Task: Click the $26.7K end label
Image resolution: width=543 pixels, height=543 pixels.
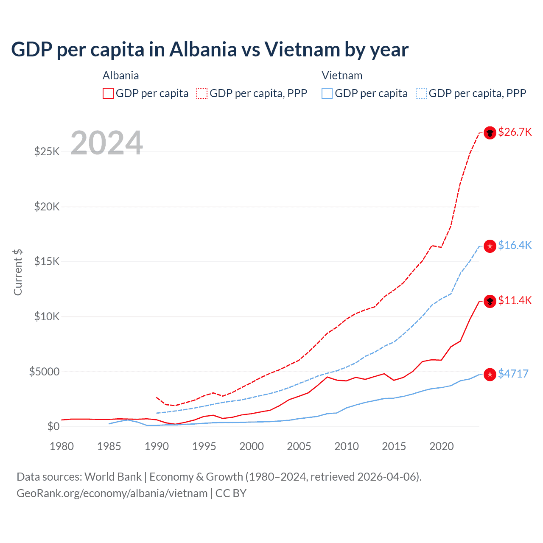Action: click(515, 132)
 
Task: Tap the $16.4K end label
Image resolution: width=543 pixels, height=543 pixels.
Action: click(515, 246)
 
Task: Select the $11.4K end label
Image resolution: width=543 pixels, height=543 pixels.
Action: click(515, 301)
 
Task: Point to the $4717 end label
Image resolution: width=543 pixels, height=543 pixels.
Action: click(513, 374)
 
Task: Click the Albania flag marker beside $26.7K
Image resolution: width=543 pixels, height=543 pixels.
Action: click(490, 133)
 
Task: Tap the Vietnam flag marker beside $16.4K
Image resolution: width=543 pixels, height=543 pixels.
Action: click(490, 246)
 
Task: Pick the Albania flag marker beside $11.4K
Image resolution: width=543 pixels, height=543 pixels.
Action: click(490, 302)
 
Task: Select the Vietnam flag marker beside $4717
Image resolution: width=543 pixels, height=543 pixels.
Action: click(490, 375)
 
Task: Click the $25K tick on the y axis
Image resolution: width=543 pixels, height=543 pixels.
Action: click(47, 152)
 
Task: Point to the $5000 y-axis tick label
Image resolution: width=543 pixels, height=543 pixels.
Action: click(44, 372)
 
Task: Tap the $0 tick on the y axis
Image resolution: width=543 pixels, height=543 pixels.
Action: click(53, 427)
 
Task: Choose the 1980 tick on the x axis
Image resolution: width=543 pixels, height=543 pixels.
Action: click(62, 446)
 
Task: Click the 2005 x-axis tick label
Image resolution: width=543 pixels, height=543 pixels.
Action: click(299, 446)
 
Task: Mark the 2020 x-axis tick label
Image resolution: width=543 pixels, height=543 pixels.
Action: click(442, 446)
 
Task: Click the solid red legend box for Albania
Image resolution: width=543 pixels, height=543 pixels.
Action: click(108, 93)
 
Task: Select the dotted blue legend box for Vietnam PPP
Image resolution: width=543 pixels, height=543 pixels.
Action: click(421, 93)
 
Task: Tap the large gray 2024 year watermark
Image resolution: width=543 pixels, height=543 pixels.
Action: click(106, 143)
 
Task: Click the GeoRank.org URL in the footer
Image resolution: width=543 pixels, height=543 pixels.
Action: click(112, 493)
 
